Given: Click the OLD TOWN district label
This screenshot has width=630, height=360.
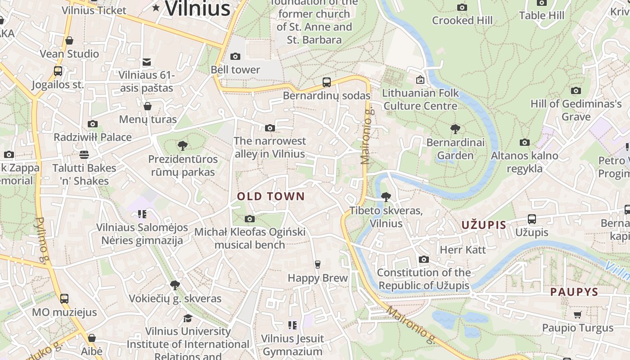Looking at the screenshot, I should tap(271, 196).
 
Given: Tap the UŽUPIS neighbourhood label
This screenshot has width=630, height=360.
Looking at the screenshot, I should tap(484, 225).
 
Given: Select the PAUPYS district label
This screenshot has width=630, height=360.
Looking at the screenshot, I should tap(574, 292).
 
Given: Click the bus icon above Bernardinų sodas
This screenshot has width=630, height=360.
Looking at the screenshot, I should tap(327, 82).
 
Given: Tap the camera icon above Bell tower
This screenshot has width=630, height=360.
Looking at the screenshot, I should tap(235, 56).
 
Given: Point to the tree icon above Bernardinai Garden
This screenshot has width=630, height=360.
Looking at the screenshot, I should tap(455, 129).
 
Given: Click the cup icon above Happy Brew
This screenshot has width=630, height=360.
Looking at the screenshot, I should tap(318, 264).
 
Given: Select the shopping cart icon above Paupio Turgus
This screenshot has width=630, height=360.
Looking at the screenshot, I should tap(578, 315).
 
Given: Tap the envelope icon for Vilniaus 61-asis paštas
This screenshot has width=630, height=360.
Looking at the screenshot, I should tap(147, 62).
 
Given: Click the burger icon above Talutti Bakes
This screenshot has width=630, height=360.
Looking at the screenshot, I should tap(84, 155).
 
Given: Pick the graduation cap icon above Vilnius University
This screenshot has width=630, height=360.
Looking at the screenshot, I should tap(188, 318).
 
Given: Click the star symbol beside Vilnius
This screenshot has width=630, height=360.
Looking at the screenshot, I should tap(156, 7).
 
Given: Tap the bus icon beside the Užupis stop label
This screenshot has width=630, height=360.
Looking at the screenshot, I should tap(531, 219).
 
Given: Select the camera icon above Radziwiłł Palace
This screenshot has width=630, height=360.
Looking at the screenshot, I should tap(93, 124).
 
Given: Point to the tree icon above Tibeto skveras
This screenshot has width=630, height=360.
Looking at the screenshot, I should tap(386, 197).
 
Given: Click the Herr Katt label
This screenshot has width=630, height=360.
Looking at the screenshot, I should tap(463, 250).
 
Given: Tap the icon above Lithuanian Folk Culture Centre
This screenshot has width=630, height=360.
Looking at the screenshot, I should tap(420, 80).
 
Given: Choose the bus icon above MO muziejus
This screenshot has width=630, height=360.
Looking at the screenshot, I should tap(64, 298).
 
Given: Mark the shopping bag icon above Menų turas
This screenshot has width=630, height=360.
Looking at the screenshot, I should tap(148, 106).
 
